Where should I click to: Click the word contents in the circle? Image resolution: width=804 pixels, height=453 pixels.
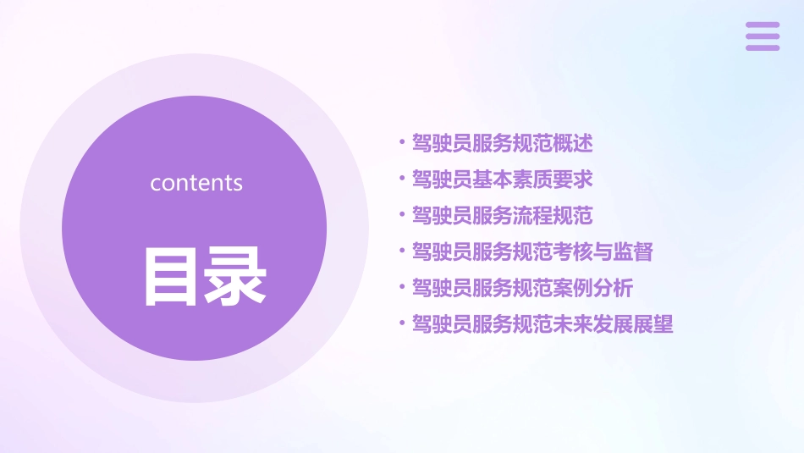tap(196, 183)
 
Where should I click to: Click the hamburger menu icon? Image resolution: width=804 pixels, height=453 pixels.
tap(762, 36)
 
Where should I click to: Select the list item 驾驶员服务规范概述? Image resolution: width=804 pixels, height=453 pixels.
tap(502, 143)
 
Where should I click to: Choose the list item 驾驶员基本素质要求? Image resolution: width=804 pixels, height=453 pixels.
tap(502, 180)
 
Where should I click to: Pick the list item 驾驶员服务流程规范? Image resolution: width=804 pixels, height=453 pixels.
tap(502, 216)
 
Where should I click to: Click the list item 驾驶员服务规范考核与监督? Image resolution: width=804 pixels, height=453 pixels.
tap(532, 251)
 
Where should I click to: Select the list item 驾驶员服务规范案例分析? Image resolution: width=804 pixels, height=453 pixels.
tap(522, 288)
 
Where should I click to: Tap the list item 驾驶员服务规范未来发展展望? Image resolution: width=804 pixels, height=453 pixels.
tap(542, 324)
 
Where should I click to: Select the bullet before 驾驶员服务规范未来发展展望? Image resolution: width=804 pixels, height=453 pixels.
tap(402, 323)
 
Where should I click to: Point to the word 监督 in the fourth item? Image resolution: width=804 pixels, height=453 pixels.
tap(633, 251)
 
